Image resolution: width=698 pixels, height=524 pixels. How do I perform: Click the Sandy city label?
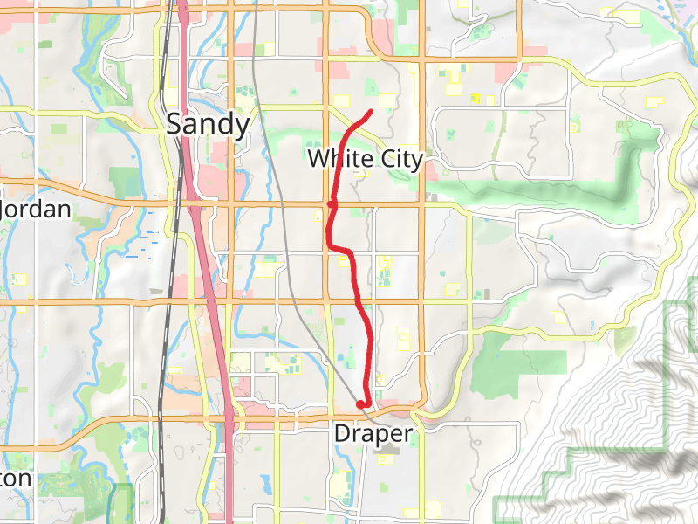coord(208,124)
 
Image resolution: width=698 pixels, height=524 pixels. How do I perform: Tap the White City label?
coord(365,159)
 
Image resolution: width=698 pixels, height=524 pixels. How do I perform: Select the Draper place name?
coord(373,433)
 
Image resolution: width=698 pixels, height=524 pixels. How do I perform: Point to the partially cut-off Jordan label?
coord(35,210)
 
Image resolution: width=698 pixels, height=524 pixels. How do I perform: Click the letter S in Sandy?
coord(174,124)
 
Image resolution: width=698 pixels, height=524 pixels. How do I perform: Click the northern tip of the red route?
coord(372,111)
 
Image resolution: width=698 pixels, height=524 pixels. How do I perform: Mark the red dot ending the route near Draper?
coord(361,403)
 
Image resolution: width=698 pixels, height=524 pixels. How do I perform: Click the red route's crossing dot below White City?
coord(332,204)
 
